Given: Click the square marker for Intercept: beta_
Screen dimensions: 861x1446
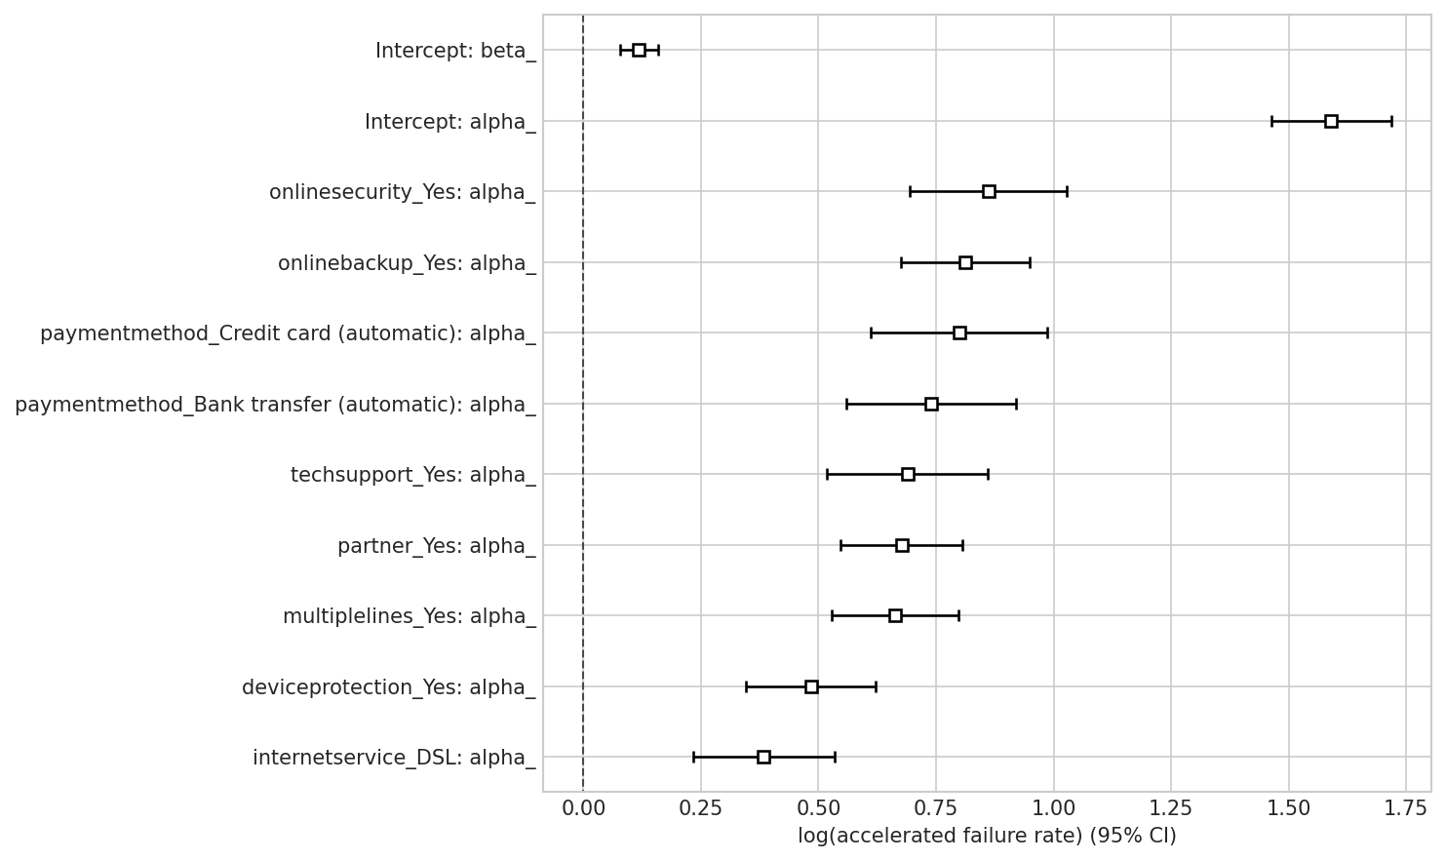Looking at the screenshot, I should (x=639, y=50).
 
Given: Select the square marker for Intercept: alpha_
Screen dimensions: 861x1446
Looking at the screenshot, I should (x=1331, y=121).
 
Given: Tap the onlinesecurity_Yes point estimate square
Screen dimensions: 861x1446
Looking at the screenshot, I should (x=989, y=191).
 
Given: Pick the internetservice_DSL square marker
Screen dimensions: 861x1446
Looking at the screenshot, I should (x=763, y=757).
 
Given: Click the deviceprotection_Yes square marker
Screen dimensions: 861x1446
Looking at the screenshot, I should (x=811, y=686).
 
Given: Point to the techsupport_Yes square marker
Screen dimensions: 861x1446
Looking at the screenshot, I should (x=908, y=474).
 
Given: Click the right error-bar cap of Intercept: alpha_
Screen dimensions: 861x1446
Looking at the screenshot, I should (x=1391, y=121).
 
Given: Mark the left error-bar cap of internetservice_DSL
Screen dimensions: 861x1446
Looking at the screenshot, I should (x=693, y=757).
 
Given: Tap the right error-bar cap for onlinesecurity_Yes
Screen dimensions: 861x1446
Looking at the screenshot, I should (x=1067, y=191).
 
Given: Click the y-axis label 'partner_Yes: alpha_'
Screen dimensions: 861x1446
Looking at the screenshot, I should (x=436, y=546).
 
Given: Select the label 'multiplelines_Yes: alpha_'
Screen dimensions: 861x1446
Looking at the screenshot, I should (x=409, y=616).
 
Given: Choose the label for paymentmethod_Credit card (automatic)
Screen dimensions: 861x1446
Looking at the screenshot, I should (x=288, y=333).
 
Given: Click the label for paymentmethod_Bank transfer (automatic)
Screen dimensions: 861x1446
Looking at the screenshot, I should (x=275, y=405).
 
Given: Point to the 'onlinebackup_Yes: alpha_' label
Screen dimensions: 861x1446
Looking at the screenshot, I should (x=407, y=263).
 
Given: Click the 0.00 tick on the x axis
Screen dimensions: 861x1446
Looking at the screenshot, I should (x=583, y=807).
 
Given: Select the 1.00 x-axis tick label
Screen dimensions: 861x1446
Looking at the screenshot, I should (x=1054, y=807).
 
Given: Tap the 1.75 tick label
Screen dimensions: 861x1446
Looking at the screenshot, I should (x=1406, y=807).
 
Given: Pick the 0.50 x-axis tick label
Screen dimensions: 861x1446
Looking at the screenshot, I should (x=818, y=807).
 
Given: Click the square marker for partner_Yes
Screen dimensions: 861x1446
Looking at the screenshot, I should (x=902, y=545).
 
